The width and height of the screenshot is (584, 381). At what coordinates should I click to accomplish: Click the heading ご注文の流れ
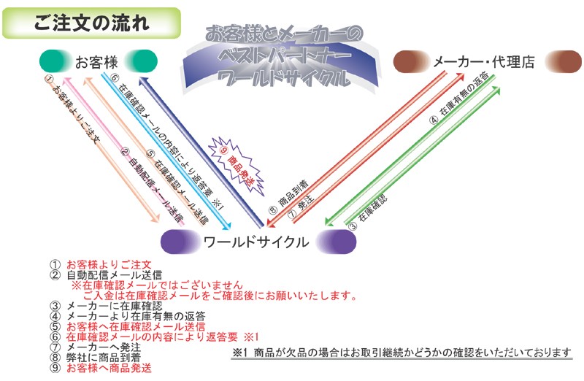coord(92,23)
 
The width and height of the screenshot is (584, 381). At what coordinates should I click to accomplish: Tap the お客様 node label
coord(96,62)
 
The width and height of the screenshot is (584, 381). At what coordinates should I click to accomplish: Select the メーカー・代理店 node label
coord(484,62)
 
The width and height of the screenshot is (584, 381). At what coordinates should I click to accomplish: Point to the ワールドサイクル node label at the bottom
coord(256,242)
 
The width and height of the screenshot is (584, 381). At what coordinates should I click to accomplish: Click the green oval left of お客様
coord(56,61)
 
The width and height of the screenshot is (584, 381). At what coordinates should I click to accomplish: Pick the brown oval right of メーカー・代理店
coord(564,61)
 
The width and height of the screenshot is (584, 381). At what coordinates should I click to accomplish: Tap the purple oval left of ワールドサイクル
coord(180,242)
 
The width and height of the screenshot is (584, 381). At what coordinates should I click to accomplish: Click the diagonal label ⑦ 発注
coord(301,207)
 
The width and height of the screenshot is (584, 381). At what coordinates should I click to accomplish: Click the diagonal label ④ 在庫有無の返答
coord(459,98)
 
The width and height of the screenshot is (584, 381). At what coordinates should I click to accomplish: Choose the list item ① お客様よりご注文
coord(101,265)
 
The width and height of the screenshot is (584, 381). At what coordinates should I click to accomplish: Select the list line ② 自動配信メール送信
coord(106,275)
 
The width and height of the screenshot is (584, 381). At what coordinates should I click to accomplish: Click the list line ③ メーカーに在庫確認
coord(106,306)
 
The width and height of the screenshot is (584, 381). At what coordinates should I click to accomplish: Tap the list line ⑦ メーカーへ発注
coord(96,347)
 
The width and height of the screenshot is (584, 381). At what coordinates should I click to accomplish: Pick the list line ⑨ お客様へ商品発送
coord(101,368)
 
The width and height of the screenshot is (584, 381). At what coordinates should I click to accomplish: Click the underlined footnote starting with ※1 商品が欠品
coord(401,353)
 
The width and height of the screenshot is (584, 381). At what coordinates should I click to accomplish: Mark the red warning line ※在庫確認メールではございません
coord(157,285)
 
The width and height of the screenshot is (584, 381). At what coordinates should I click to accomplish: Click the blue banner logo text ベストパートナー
coord(285,56)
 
